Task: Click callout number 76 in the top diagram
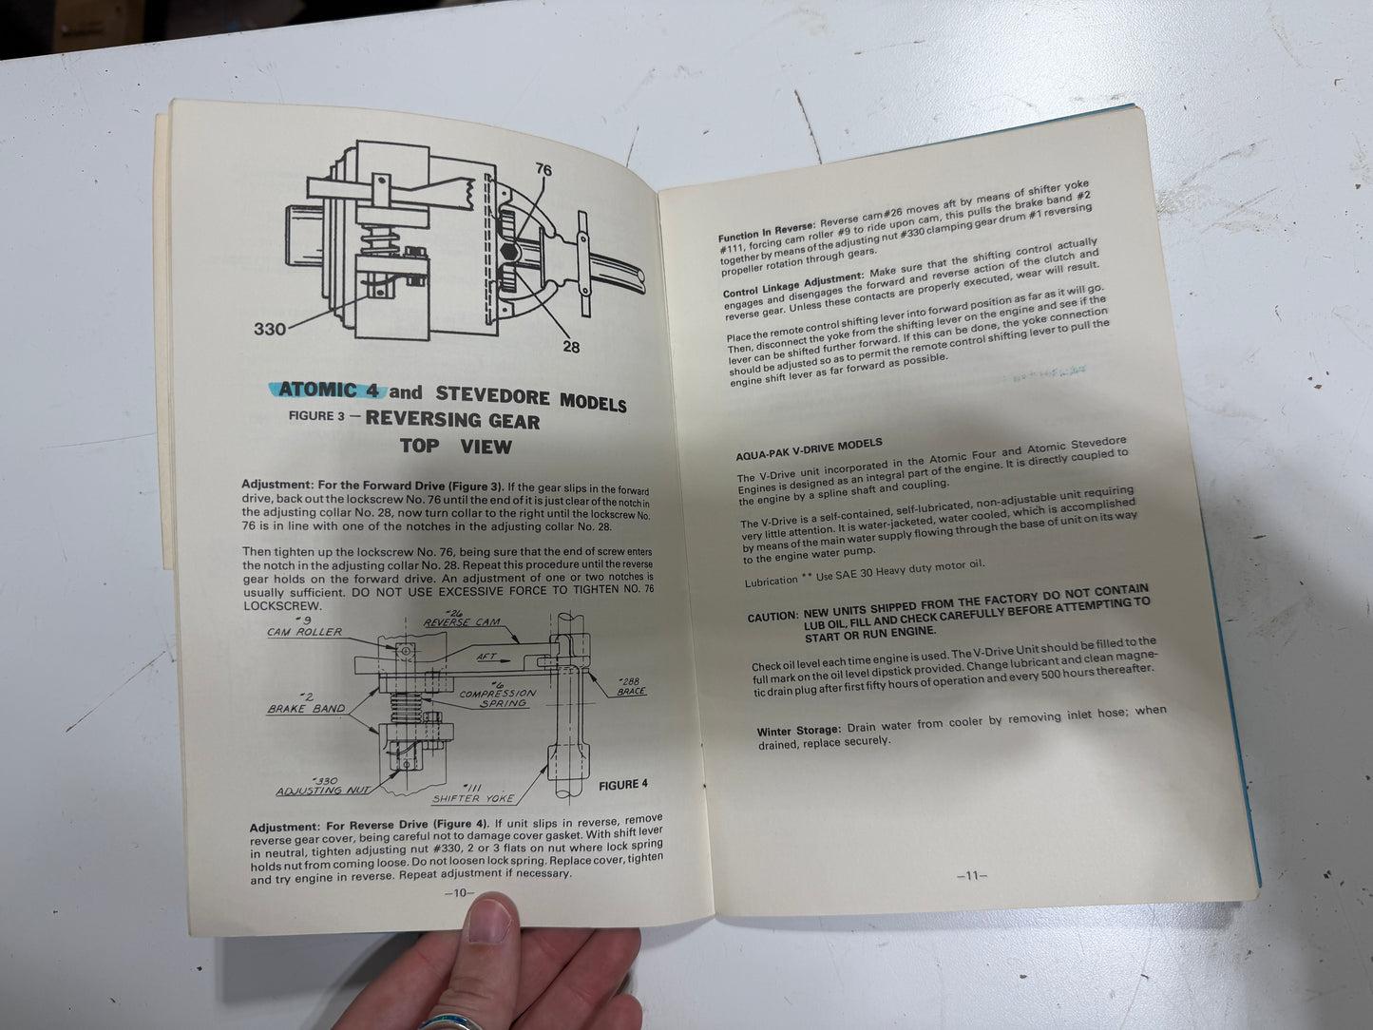coord(543,170)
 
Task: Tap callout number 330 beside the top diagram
coord(269,330)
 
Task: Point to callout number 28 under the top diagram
coord(570,347)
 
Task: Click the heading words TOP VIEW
coord(455,447)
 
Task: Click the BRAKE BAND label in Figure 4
coord(305,709)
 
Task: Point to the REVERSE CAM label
coord(461,622)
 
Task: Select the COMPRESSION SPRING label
coord(498,697)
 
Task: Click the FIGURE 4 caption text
coord(622,785)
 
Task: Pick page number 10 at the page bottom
coord(459,893)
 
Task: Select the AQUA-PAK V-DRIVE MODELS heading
coord(809,446)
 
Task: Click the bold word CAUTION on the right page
coord(772,618)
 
